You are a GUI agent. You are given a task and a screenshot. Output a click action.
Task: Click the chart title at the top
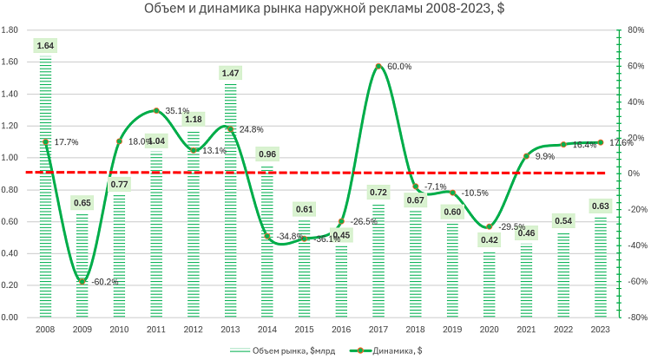click(325, 10)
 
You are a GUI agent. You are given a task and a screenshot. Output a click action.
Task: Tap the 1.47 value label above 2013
click(230, 74)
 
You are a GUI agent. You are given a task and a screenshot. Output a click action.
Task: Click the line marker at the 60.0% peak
click(378, 66)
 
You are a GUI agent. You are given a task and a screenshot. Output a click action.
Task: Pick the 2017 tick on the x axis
click(378, 331)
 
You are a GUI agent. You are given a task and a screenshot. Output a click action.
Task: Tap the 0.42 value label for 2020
click(490, 240)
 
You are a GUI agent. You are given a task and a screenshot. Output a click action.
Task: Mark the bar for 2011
click(156, 234)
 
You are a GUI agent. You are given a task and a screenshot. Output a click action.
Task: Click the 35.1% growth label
click(177, 111)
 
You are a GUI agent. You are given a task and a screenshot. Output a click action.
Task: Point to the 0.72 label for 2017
click(378, 192)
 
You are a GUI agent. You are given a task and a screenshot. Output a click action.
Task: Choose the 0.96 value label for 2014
click(267, 154)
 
